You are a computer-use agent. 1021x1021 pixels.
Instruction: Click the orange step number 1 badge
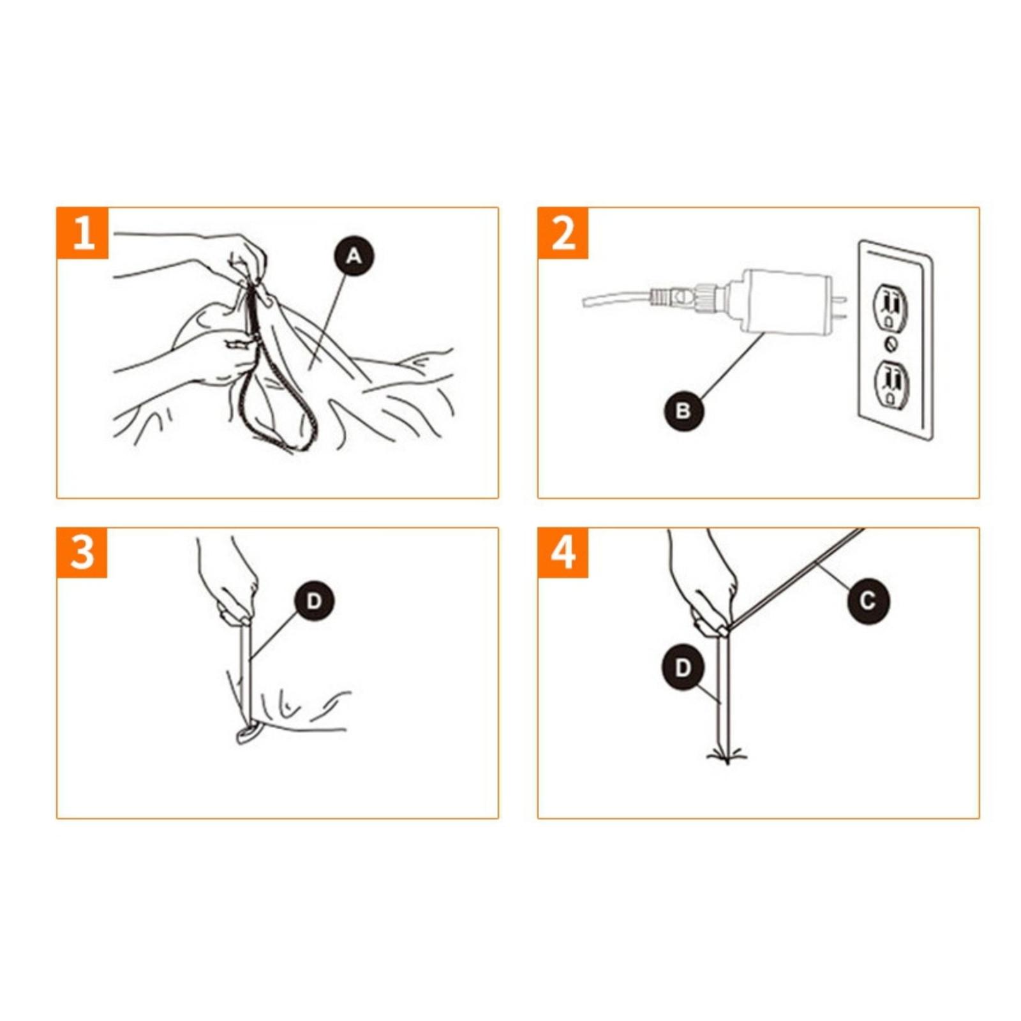point(82,233)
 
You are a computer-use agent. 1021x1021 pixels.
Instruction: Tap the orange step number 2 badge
point(563,233)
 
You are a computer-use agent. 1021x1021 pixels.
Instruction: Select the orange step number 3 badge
point(82,553)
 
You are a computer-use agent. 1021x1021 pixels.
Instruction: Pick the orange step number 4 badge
point(563,553)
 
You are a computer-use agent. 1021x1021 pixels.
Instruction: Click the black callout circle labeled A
point(354,256)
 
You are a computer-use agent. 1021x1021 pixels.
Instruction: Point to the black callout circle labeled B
point(683,410)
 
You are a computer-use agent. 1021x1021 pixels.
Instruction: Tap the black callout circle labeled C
point(868,600)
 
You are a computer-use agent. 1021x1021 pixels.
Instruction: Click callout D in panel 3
point(314,600)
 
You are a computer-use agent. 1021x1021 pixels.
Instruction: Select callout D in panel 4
point(682,669)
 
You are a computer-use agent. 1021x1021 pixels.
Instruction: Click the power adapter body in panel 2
point(782,301)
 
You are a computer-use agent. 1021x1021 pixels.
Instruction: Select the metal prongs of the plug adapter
point(840,307)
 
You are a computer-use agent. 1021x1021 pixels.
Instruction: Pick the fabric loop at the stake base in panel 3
point(249,734)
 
